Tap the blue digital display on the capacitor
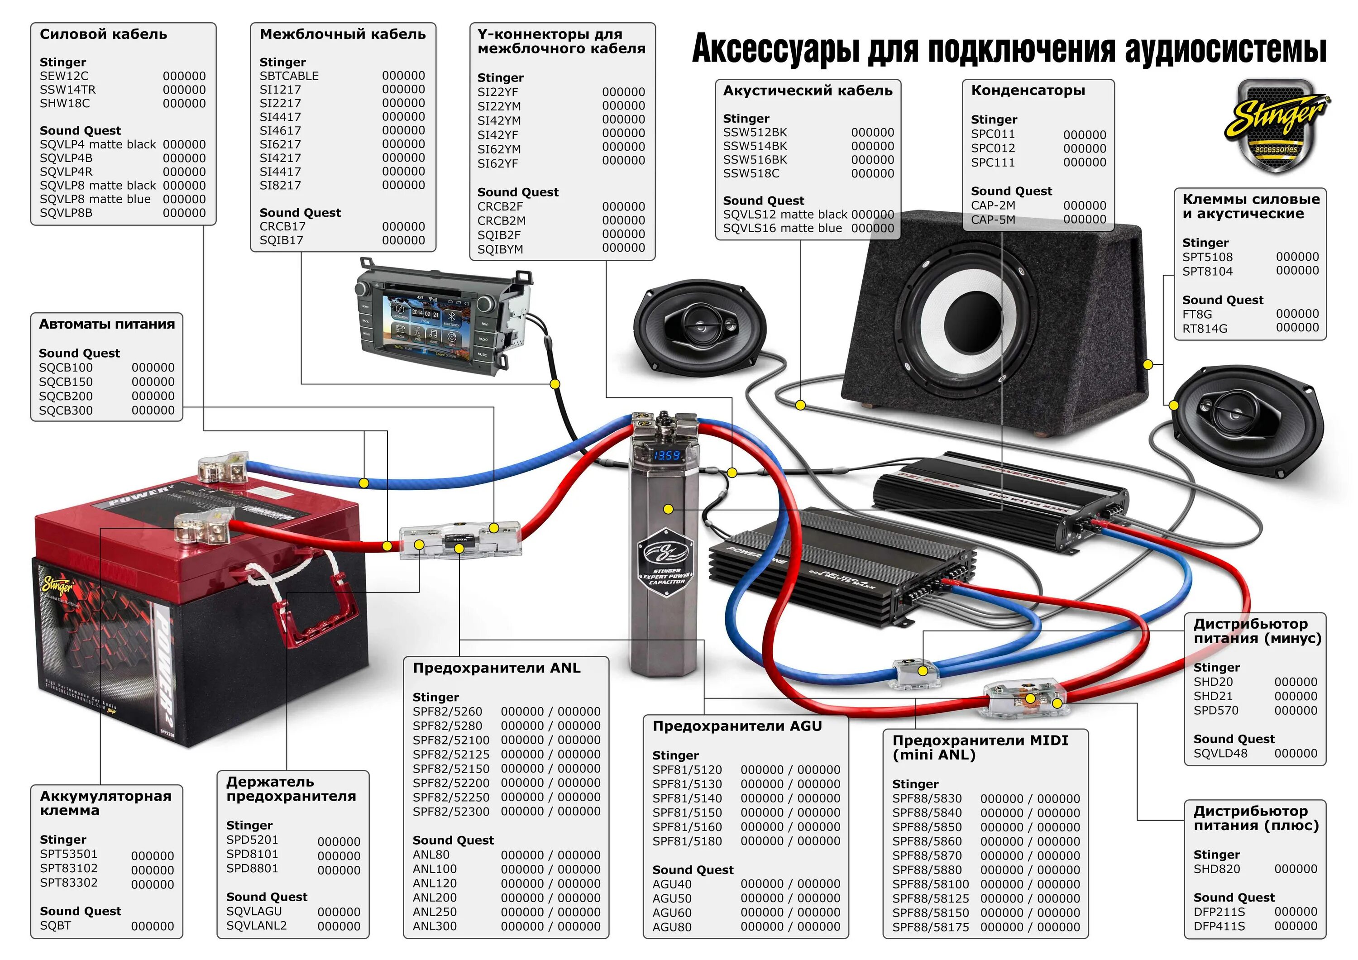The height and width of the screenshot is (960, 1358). tap(667, 455)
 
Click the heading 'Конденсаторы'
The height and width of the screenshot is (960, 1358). tap(1028, 91)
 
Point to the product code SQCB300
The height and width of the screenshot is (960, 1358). tap(66, 411)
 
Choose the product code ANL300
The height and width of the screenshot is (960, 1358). tap(435, 927)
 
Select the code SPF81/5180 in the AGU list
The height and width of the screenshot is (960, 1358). tap(687, 841)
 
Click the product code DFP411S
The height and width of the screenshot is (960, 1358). tap(1219, 927)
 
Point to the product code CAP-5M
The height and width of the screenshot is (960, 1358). tap(993, 220)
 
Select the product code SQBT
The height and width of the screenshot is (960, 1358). tap(56, 926)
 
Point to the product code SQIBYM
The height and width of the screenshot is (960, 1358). tap(500, 249)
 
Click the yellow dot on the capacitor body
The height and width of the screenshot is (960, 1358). tap(668, 509)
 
